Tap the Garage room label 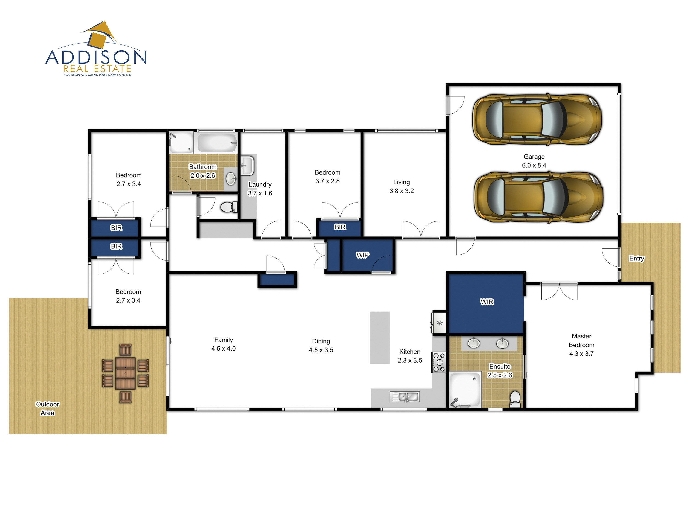534,157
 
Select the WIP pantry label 362,255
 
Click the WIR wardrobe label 487,302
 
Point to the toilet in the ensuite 515,399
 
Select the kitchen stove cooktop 439,362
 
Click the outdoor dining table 125,373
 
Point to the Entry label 637,258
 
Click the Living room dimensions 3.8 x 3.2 401,191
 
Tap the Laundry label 260,185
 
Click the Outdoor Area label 47,408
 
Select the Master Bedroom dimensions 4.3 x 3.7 581,354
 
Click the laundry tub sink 247,166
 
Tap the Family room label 223,340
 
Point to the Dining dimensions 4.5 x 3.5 321,350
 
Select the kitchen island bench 380,338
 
